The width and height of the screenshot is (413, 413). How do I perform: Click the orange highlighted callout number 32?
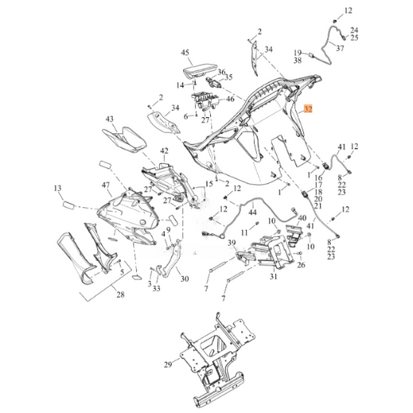(x=309, y=110)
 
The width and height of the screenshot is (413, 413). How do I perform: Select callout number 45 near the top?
(x=185, y=53)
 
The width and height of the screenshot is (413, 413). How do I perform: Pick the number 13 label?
(x=57, y=188)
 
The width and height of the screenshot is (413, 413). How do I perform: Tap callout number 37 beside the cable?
(x=339, y=46)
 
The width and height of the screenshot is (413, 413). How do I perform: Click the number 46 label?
(x=230, y=100)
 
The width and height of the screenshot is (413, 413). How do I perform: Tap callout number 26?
(x=301, y=265)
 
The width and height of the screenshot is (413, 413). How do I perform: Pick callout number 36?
(x=222, y=71)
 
